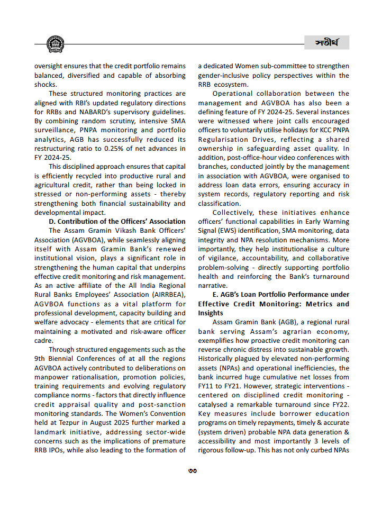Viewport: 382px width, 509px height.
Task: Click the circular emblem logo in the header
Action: tap(55, 44)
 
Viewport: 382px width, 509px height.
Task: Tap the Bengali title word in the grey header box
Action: tap(326, 43)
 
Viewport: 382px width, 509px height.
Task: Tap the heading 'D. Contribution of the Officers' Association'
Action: tap(117, 221)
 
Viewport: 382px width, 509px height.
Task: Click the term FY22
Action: tap(340, 405)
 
